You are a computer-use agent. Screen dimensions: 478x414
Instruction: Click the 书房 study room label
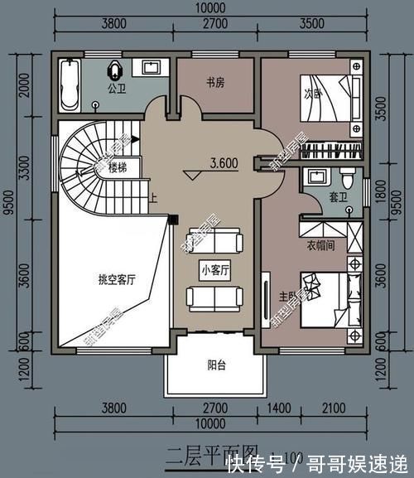click(x=215, y=82)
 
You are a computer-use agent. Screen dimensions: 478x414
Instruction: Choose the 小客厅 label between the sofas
click(x=214, y=269)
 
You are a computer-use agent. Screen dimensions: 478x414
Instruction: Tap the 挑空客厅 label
click(x=116, y=280)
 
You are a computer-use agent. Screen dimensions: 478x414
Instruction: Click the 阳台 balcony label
click(x=218, y=363)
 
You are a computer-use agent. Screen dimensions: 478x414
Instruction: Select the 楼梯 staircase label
click(x=118, y=167)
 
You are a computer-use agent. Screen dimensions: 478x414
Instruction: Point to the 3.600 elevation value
click(x=224, y=163)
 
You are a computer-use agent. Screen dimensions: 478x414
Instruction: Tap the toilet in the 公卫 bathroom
click(x=114, y=69)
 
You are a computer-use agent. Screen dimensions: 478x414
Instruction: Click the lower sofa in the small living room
click(x=214, y=296)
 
